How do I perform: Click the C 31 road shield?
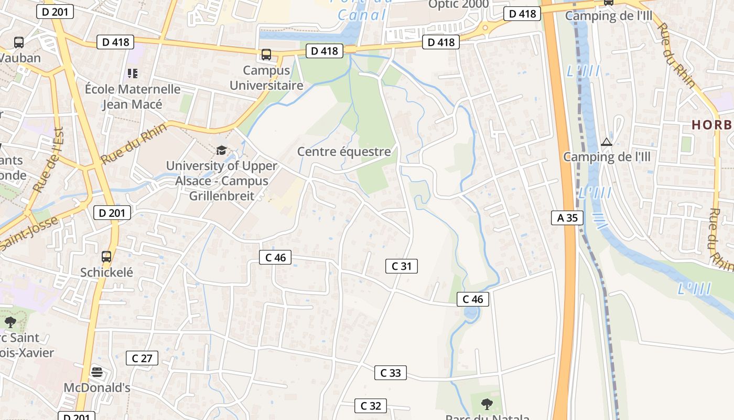tap(402, 266)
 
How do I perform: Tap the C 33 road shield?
tap(390, 373)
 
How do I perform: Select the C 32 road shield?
tap(371, 406)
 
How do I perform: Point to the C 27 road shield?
tap(142, 359)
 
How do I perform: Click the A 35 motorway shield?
tap(567, 217)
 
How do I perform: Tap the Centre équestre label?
tap(344, 152)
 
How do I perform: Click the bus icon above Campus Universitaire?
tap(266, 55)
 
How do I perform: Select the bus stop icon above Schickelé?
tap(106, 257)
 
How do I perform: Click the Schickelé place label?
tap(106, 272)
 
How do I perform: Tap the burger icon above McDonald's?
tap(96, 372)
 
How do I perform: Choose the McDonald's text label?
tap(96, 387)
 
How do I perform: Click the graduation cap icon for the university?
tap(222, 151)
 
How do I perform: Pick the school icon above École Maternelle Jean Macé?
tap(133, 73)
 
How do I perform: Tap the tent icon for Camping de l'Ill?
tap(607, 141)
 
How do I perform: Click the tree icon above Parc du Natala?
tap(487, 404)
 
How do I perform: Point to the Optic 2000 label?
tap(458, 5)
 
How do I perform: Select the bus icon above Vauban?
tap(19, 43)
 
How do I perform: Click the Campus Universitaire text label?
tap(266, 78)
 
